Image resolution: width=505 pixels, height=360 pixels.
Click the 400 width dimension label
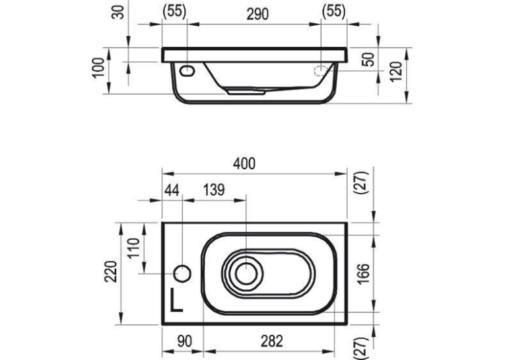(x=244, y=164)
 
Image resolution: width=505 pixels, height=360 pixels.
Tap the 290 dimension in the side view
(x=257, y=15)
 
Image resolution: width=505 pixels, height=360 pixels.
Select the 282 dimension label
(x=271, y=342)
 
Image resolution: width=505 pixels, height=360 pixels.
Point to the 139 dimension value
(x=214, y=190)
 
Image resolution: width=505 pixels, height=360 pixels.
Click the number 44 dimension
(x=172, y=190)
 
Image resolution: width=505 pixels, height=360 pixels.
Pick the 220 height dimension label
(x=110, y=271)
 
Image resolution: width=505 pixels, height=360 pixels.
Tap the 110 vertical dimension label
(x=133, y=248)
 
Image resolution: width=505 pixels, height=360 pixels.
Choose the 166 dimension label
(x=364, y=273)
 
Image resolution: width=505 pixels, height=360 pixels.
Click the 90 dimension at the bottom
(x=185, y=342)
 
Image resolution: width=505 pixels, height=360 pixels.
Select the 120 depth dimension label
(x=397, y=71)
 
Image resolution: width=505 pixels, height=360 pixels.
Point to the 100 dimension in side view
(x=98, y=67)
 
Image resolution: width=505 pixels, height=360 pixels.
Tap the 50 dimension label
(x=369, y=59)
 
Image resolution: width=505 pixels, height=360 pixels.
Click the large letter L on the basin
(x=176, y=300)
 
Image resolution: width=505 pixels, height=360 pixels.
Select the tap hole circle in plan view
(x=182, y=274)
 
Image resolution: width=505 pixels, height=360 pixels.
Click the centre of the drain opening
(x=246, y=273)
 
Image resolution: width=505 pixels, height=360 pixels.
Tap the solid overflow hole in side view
(x=187, y=71)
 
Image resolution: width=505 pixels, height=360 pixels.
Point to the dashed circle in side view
(x=321, y=71)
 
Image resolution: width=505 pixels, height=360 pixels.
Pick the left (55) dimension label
(x=174, y=12)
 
